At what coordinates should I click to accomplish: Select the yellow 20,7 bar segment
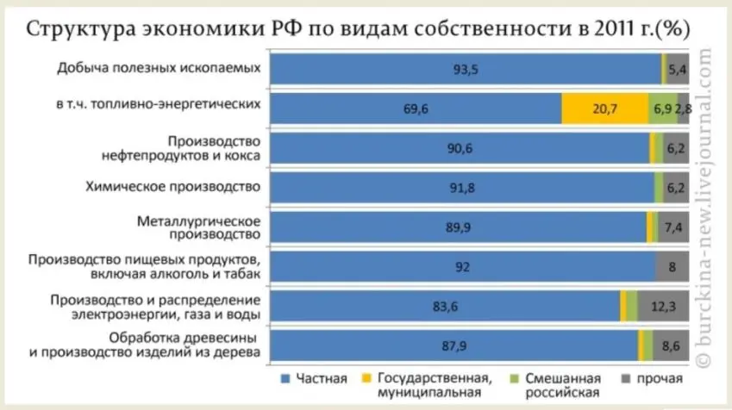604,109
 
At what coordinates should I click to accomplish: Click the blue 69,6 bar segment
414,109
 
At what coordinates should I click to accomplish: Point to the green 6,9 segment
663,109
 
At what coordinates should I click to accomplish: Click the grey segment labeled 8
672,267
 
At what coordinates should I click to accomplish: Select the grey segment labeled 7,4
673,227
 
